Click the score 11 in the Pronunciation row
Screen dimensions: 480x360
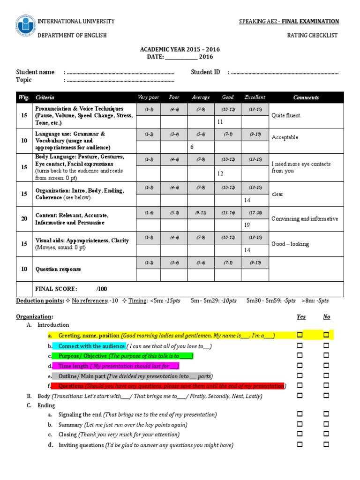click(220, 122)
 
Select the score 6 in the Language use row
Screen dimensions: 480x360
click(192, 147)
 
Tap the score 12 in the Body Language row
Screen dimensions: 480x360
click(220, 173)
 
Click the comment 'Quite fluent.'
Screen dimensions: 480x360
click(286, 115)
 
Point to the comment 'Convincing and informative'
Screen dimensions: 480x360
click(304, 219)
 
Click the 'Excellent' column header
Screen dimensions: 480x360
click(255, 97)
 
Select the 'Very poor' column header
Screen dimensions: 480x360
click(148, 97)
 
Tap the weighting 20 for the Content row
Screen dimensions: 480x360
click(23, 219)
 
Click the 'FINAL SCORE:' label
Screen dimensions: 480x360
click(56, 289)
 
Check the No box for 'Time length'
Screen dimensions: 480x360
click(326, 365)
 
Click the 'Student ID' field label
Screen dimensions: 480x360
click(205, 72)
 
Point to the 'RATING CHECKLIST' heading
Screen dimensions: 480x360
click(312, 36)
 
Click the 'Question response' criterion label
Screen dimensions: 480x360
click(58, 269)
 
